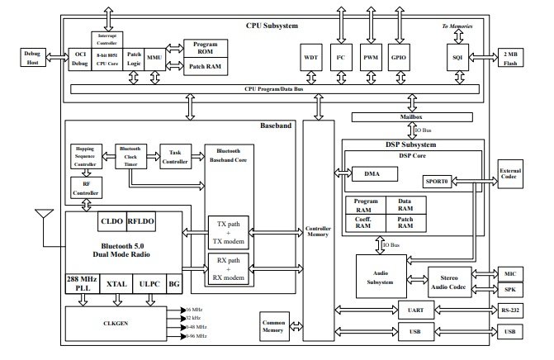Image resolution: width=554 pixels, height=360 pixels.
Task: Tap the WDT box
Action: point(311,59)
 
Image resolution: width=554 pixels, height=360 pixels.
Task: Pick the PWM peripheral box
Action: point(370,59)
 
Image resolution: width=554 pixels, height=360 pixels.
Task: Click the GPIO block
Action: point(399,59)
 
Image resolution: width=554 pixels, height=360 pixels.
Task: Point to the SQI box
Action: point(457,59)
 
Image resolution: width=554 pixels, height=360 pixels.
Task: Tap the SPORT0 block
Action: point(437,180)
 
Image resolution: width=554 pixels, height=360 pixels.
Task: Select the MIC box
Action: point(509,272)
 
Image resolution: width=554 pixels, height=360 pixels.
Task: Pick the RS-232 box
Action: point(509,311)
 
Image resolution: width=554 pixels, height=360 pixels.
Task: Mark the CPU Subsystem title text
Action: point(273,26)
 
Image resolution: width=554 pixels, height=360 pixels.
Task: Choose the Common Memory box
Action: point(273,328)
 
